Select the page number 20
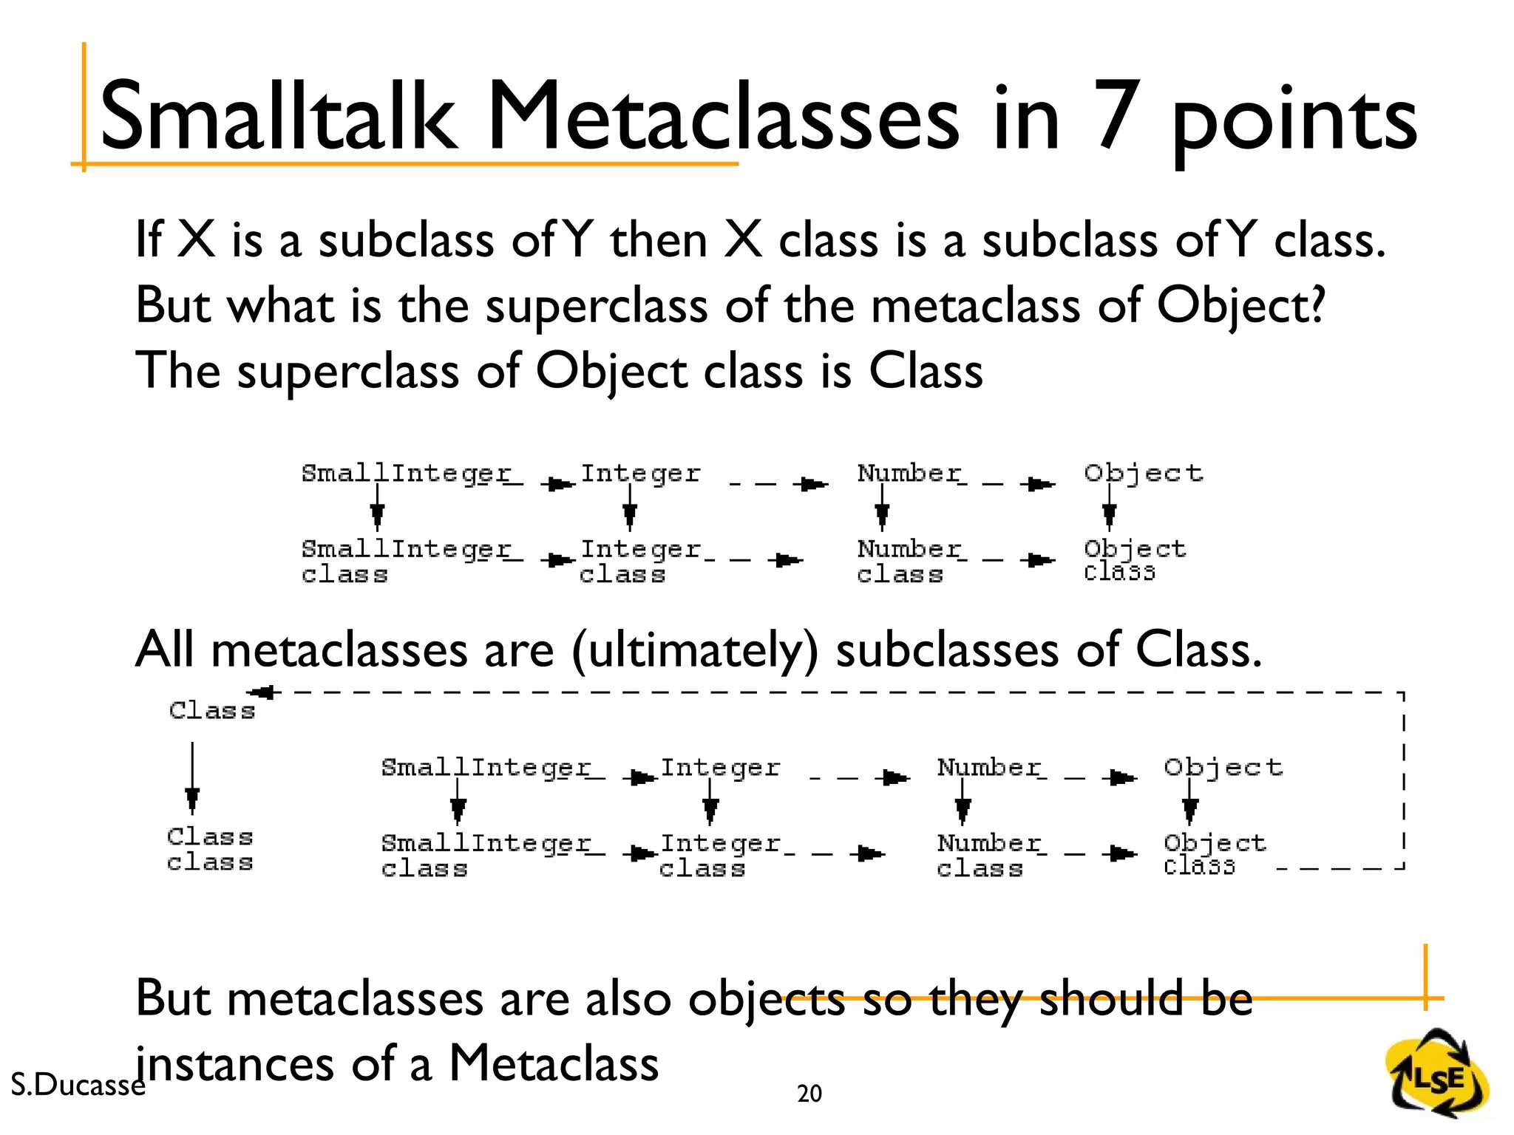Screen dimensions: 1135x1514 (x=809, y=1093)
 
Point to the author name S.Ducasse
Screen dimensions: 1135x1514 (x=78, y=1084)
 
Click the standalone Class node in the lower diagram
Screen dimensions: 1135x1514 (x=212, y=711)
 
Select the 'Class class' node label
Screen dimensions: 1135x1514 (x=210, y=850)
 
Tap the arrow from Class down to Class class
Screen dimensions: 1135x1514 (x=192, y=779)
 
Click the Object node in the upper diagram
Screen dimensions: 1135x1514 (x=1143, y=474)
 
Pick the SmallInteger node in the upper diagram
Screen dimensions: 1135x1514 (x=406, y=474)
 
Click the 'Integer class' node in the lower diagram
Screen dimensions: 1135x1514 (x=719, y=855)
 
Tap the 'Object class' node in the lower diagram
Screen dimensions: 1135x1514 (x=1214, y=854)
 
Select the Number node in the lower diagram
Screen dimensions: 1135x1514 (x=988, y=768)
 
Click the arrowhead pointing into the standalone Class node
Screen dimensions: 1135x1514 (x=262, y=692)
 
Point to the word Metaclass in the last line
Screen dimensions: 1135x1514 (x=554, y=1063)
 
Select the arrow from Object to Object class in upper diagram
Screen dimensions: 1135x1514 (x=1109, y=508)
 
